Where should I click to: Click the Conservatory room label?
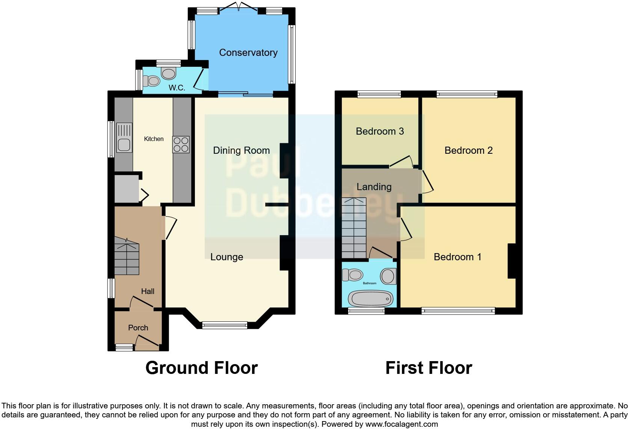tap(248, 52)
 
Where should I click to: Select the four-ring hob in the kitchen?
tap(181, 144)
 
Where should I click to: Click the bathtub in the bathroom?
tap(370, 299)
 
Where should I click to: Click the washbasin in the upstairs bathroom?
tap(388, 276)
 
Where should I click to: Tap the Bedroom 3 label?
tap(380, 131)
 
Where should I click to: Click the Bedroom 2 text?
tap(468, 150)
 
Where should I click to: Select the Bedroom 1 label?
tap(457, 257)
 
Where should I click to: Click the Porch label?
tap(138, 328)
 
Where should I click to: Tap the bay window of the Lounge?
tap(225, 325)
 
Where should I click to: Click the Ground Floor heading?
tap(201, 368)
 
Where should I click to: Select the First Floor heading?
tap(429, 368)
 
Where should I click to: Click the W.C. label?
tap(177, 88)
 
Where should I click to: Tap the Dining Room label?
tap(241, 150)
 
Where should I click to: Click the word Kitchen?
tap(154, 139)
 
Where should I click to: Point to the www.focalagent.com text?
tap(401, 424)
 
